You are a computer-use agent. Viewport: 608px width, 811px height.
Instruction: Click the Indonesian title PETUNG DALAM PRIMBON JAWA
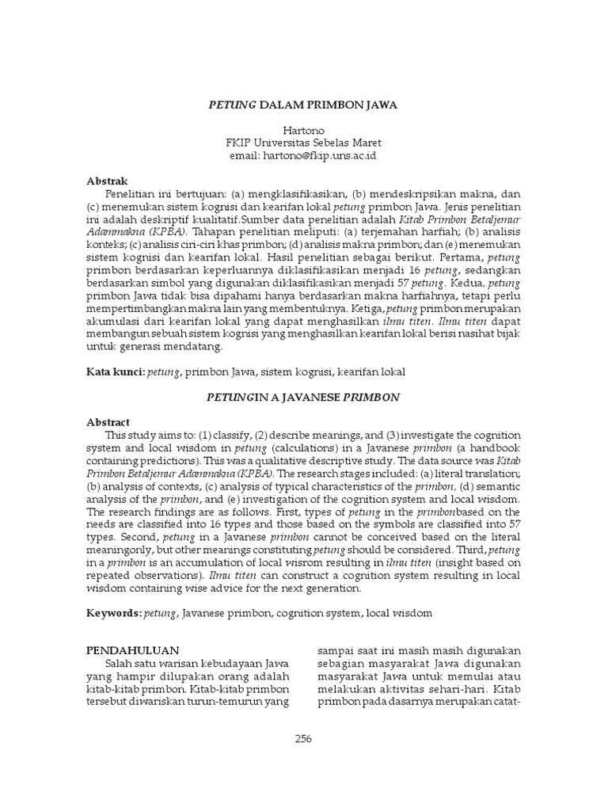(x=303, y=104)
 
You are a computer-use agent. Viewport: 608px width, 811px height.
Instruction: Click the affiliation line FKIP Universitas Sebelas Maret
(x=303, y=143)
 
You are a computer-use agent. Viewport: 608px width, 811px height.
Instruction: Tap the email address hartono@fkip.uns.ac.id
(x=303, y=155)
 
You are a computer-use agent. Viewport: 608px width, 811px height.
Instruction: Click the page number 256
(x=303, y=739)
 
